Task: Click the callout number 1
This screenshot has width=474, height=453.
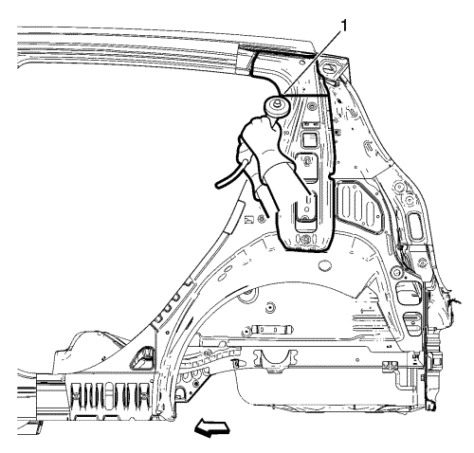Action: click(343, 26)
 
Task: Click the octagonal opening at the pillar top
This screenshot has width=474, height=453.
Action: click(329, 67)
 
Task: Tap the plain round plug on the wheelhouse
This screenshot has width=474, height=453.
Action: click(325, 265)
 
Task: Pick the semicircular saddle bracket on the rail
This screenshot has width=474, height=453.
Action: click(274, 359)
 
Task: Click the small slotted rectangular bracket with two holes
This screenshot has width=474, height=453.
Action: click(271, 330)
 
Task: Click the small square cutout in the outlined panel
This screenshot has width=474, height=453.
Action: click(308, 139)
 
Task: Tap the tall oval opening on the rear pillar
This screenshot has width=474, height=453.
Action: click(415, 226)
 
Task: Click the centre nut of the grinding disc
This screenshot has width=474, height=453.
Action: click(278, 103)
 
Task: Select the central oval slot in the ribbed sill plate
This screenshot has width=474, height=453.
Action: click(107, 393)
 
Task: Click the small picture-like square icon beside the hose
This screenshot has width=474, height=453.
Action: click(249, 219)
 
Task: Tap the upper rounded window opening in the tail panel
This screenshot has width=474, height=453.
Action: click(406, 293)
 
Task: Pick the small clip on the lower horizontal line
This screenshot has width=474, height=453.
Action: click(389, 366)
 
